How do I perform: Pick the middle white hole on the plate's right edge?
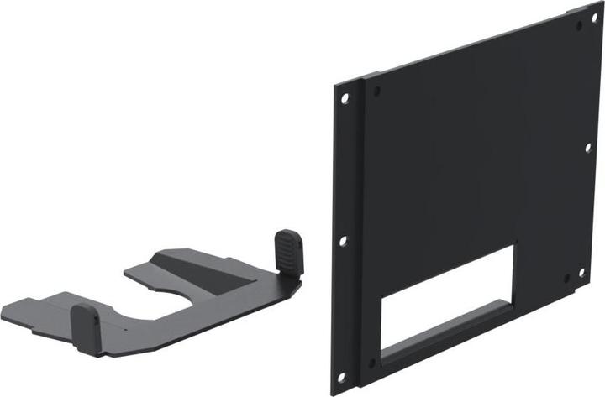click(588, 148)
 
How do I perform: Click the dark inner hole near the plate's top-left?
click(376, 88)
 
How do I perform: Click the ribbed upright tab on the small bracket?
click(289, 251)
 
